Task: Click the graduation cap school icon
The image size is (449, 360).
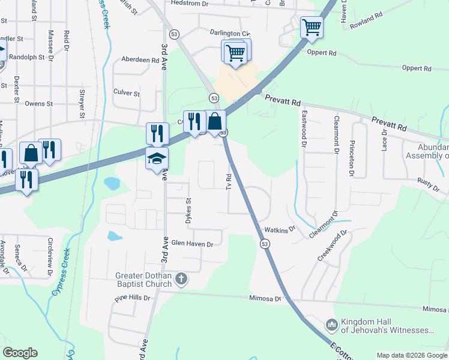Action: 157,159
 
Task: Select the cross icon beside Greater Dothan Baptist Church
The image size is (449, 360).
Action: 181,279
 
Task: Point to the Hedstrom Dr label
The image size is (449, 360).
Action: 188,4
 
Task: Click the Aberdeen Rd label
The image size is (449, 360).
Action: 140,61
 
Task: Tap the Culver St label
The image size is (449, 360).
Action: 127,94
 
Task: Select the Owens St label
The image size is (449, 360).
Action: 38,103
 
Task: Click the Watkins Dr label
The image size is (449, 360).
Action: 280,229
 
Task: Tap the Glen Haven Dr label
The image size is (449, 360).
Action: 193,244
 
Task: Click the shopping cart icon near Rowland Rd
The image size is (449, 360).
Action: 312,27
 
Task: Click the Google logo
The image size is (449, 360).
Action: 20,353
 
